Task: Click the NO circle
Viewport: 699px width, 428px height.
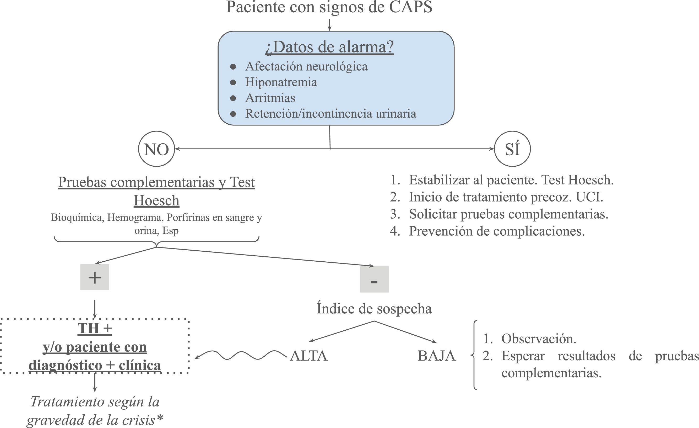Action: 156,149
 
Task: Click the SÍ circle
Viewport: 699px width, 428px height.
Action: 512,149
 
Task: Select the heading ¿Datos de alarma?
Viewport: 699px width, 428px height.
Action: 329,47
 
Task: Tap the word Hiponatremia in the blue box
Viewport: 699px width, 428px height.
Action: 281,82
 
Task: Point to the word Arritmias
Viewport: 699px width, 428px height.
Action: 270,98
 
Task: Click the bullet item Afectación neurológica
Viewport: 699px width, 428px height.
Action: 306,66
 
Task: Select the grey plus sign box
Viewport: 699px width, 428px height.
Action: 95,277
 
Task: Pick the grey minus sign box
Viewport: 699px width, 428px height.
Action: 374,279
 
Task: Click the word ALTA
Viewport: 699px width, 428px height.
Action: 309,356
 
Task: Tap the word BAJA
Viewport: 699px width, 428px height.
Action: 437,356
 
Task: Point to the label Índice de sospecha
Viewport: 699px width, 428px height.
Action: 374,309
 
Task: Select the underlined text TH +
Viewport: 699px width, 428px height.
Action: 95,328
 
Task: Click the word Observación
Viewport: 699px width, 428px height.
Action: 538,339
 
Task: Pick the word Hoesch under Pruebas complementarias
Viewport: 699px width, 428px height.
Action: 156,200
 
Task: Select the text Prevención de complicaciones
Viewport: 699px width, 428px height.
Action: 496,231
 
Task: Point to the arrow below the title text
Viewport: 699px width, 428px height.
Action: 329,25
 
